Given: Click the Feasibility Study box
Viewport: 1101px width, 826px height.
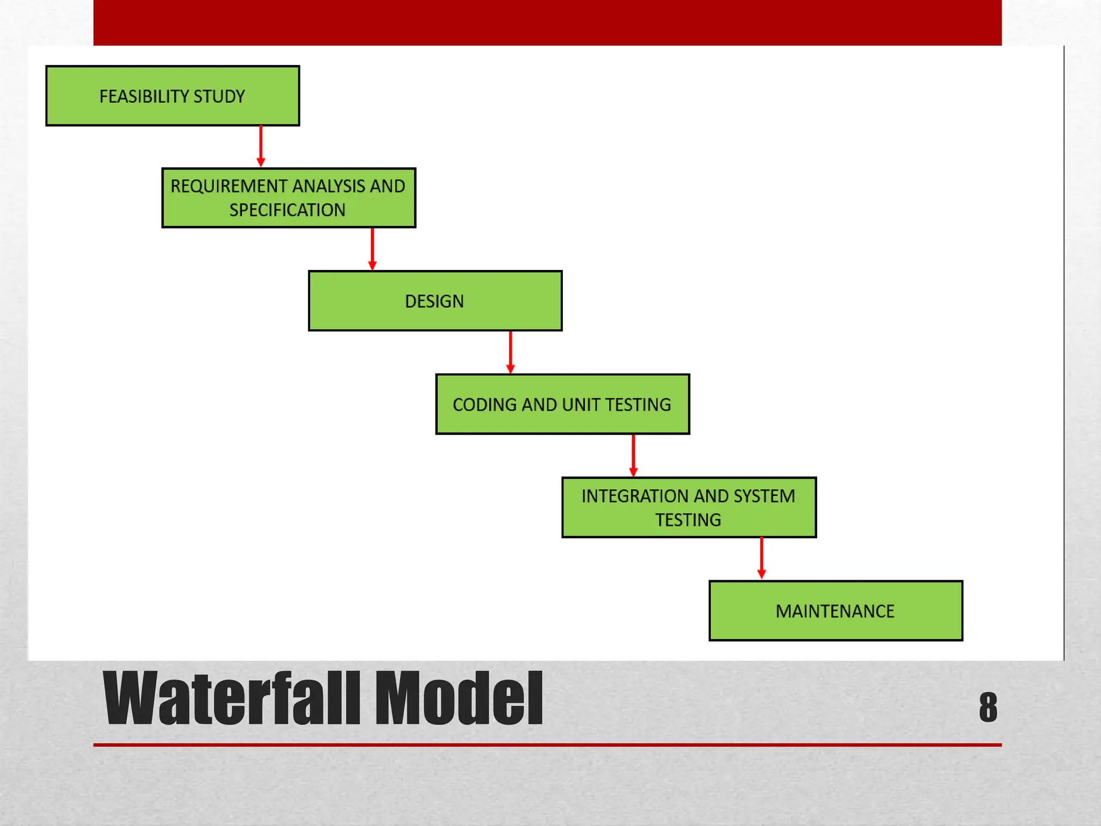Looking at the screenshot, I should point(173,96).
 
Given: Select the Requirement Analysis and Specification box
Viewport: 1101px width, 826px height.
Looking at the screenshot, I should point(289,198).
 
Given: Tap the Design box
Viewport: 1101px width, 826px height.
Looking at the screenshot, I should point(435,301).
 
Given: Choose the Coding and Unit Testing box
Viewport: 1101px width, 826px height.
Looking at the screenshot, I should point(562,404).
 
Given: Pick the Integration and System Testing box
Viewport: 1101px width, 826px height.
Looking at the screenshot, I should point(689,507).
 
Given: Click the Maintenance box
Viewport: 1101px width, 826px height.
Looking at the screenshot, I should point(835,610).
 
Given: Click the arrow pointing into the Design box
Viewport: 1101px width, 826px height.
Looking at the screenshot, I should point(372,248).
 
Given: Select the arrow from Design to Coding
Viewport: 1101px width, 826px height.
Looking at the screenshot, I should point(510,352).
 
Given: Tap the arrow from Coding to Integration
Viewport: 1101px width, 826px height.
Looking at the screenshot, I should point(633,455).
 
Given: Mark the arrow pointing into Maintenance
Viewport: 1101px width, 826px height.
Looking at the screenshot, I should point(761,558).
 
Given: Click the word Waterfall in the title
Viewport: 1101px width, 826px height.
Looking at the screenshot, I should point(231,699).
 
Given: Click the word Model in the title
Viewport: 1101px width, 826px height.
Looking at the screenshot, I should point(459,699).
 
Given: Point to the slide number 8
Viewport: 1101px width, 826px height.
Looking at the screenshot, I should point(988,707).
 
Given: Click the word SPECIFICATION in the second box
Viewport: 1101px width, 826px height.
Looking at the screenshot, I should point(287,210).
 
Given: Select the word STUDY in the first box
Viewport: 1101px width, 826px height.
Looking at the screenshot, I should point(219,96).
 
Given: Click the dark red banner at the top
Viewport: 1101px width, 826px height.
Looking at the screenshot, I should point(547,23).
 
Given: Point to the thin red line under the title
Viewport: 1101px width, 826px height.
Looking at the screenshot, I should point(547,745).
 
